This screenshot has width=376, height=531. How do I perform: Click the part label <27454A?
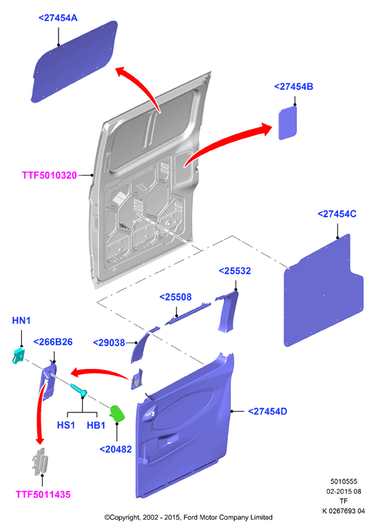58,18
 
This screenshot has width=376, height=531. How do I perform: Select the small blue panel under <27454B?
287,123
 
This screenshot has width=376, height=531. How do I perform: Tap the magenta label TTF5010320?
50,175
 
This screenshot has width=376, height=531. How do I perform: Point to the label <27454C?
337,214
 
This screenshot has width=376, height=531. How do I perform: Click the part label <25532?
235,271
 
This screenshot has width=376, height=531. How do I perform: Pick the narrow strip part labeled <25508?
188,313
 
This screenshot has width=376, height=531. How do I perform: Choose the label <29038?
109,343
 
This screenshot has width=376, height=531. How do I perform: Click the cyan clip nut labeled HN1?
19,355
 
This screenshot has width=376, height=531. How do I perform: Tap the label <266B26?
53,342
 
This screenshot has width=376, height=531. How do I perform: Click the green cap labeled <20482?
116,413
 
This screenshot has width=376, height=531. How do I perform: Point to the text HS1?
66,425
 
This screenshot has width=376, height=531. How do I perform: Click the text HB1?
96,425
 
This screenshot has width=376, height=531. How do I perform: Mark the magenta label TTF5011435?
43,494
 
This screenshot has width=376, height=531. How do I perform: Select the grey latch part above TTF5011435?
40,461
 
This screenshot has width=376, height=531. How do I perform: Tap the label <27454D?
267,412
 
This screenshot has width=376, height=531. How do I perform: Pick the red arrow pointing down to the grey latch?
39,413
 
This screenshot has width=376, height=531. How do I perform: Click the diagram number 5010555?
344,481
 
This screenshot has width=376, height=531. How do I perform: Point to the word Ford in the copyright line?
191,517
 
